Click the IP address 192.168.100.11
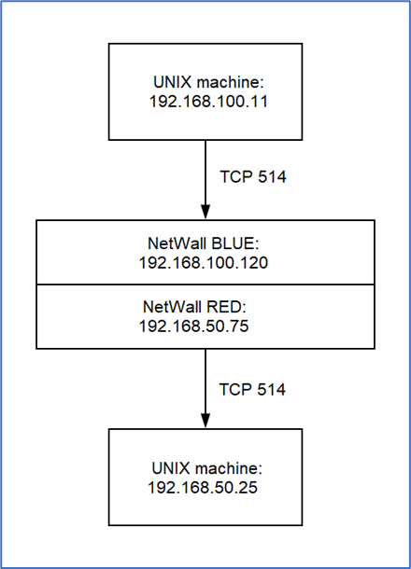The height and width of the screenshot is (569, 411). [208, 102]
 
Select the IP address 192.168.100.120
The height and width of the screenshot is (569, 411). [204, 262]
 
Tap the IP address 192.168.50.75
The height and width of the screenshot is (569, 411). [193, 326]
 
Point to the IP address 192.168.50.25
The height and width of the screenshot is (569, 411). [203, 487]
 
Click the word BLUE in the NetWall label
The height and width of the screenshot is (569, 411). [234, 243]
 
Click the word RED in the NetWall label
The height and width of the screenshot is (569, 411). [226, 307]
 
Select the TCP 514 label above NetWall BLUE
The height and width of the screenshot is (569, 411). [253, 176]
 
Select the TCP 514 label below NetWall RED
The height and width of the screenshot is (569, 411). [252, 389]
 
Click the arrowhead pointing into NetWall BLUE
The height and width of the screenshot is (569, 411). [205, 212]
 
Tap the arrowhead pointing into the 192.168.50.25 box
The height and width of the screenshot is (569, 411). [205, 421]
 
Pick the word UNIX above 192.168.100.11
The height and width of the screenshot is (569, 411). [172, 82]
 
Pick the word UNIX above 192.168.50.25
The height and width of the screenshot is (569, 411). [171, 468]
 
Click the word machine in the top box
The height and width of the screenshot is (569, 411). [230, 82]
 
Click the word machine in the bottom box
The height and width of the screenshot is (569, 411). [229, 468]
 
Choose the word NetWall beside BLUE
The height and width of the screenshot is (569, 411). [177, 243]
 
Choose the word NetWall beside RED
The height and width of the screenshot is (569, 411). [173, 307]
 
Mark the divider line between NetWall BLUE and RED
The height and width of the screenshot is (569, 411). [205, 284]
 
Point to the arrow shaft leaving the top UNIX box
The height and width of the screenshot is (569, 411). [205, 173]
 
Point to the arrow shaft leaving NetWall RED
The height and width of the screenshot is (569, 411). [205, 382]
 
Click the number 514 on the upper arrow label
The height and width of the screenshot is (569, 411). [272, 176]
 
